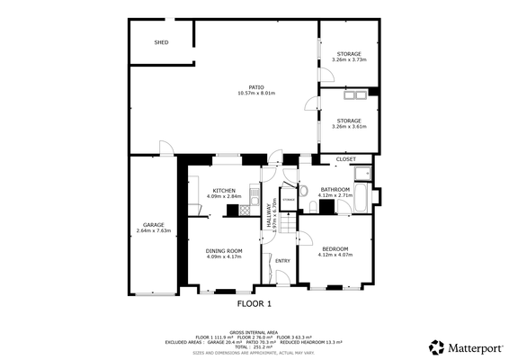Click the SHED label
pyautogui.click(x=161, y=42)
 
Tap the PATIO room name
pyautogui.click(x=256, y=87)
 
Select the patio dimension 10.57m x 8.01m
pyautogui.click(x=256, y=94)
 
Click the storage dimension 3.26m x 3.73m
pyautogui.click(x=349, y=60)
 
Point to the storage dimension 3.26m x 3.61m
pyautogui.click(x=349, y=127)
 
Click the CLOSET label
pyautogui.click(x=345, y=159)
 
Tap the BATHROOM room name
pyautogui.click(x=335, y=189)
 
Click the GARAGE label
pyautogui.click(x=153, y=224)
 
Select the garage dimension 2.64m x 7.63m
pyautogui.click(x=153, y=230)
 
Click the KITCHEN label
pyautogui.click(x=224, y=190)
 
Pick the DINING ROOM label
pyautogui.click(x=224, y=251)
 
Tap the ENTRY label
pyautogui.click(x=282, y=261)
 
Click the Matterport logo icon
pyautogui.click(x=435, y=346)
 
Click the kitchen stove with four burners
pyautogui.click(x=246, y=211)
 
